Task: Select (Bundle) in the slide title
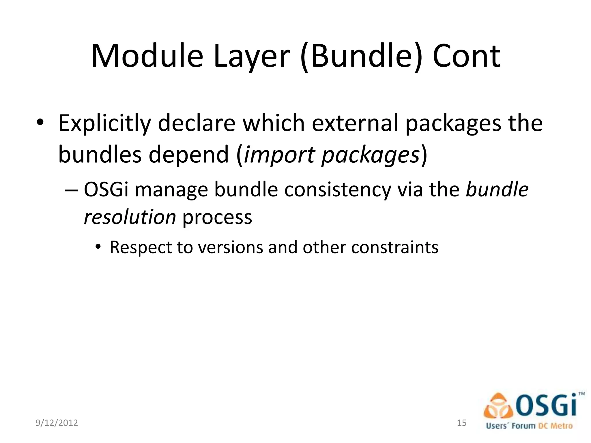pyautogui.click(x=360, y=57)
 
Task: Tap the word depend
pyautogui.click(x=189, y=155)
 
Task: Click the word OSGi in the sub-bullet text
pyautogui.click(x=106, y=190)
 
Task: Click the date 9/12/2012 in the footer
pyautogui.click(x=57, y=423)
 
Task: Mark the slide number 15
pyautogui.click(x=462, y=423)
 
